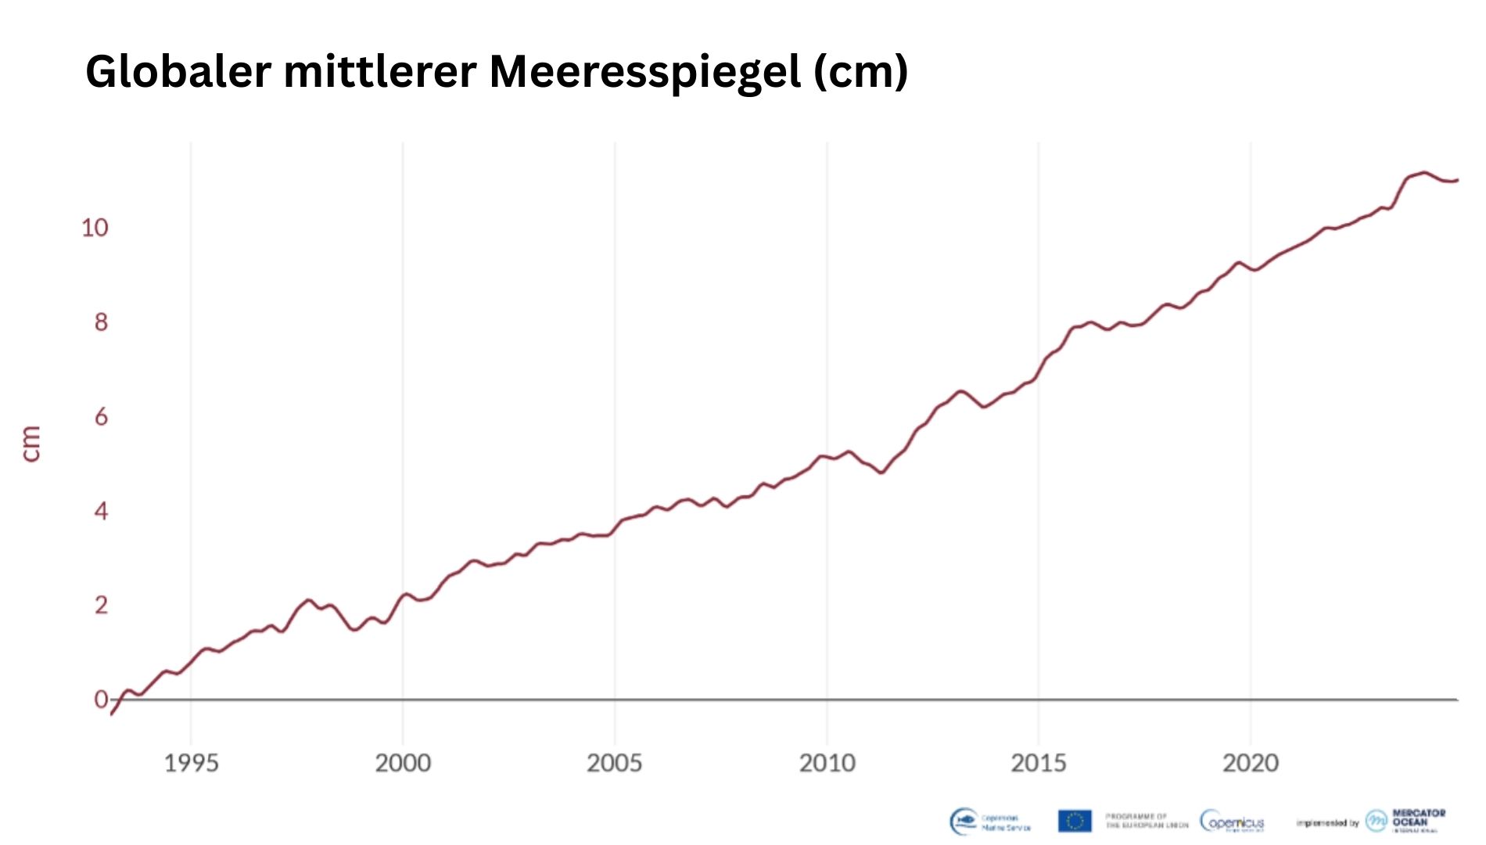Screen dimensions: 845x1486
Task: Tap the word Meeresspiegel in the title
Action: coord(644,72)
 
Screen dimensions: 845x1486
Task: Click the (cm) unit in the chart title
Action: coord(860,72)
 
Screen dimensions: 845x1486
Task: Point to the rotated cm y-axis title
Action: coord(31,444)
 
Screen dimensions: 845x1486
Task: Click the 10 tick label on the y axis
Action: coord(95,228)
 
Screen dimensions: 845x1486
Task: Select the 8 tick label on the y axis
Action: coord(101,322)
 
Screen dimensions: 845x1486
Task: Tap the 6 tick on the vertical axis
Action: coord(101,417)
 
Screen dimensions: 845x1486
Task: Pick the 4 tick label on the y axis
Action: coord(101,512)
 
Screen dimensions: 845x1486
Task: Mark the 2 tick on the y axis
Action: coord(101,606)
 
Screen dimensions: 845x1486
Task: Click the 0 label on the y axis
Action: coord(101,699)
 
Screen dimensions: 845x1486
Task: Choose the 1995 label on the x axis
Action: coord(191,763)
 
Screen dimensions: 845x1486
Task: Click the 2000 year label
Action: coord(403,763)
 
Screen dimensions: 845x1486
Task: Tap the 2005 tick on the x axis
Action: coord(615,763)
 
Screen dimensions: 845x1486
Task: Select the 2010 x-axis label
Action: coord(827,763)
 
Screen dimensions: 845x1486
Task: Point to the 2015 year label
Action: coord(1039,763)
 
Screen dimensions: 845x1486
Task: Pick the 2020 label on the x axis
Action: coord(1251,763)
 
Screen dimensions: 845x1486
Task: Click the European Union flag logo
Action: coord(1075,821)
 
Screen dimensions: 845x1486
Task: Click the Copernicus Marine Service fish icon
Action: coord(964,821)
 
